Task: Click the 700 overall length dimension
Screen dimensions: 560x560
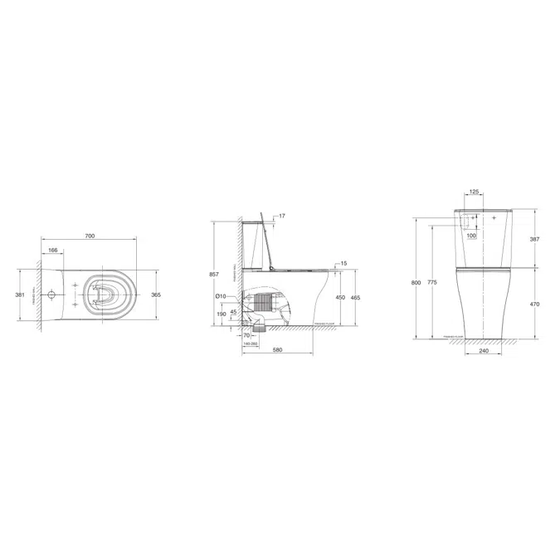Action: point(90,236)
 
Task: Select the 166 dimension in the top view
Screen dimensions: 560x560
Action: point(52,250)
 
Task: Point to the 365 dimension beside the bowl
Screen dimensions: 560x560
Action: point(154,295)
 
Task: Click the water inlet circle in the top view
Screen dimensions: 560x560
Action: point(52,295)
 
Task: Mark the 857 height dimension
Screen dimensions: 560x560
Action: point(214,274)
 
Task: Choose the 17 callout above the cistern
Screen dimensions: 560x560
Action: point(282,217)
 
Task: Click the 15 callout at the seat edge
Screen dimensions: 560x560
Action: point(343,263)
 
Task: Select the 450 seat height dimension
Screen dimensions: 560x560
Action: point(339,298)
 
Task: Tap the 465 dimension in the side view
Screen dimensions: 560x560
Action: point(355,298)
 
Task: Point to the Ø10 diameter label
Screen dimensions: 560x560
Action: point(220,296)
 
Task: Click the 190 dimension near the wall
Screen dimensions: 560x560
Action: point(221,314)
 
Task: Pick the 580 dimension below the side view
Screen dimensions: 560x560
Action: point(277,350)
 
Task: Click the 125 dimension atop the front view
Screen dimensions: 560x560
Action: point(474,192)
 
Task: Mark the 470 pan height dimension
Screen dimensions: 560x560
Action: point(534,304)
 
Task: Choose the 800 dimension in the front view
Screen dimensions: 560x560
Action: point(416,283)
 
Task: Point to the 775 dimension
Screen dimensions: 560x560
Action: point(432,283)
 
